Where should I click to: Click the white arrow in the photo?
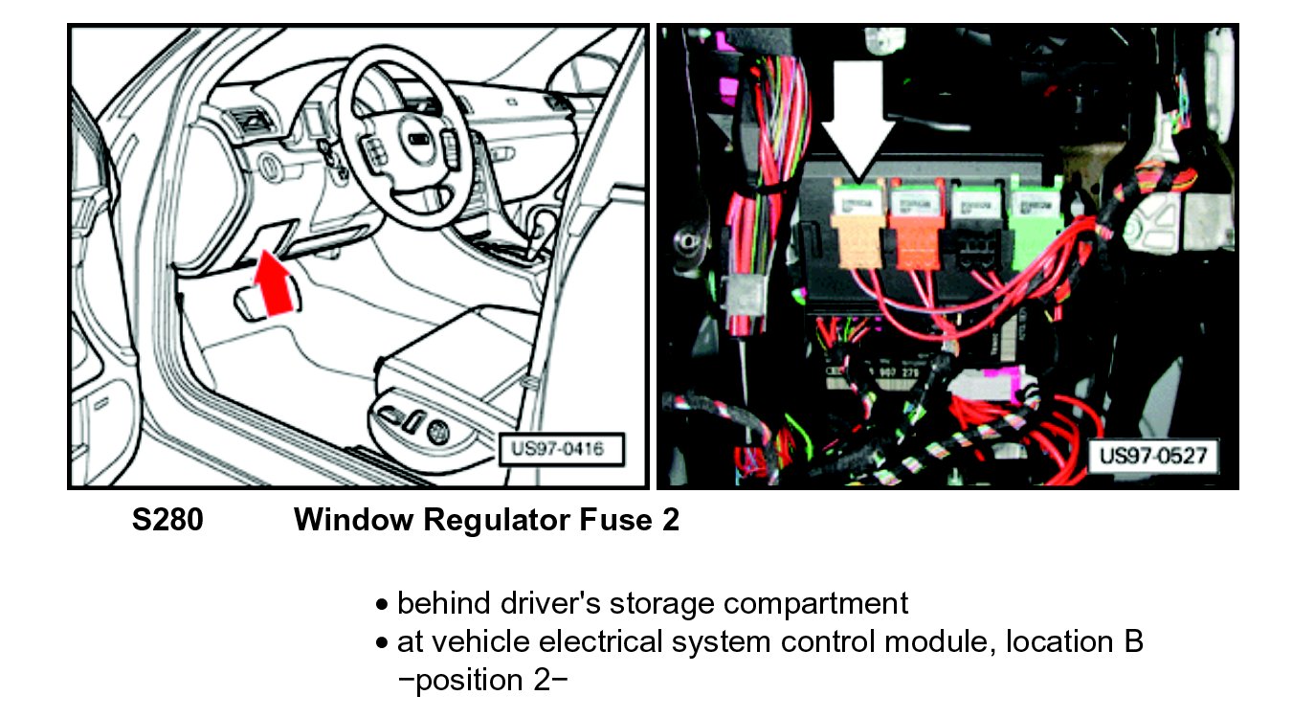pos(858,120)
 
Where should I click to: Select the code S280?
pos(167,520)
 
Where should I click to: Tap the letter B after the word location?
pos(1133,641)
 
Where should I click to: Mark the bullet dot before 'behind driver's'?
pos(383,606)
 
